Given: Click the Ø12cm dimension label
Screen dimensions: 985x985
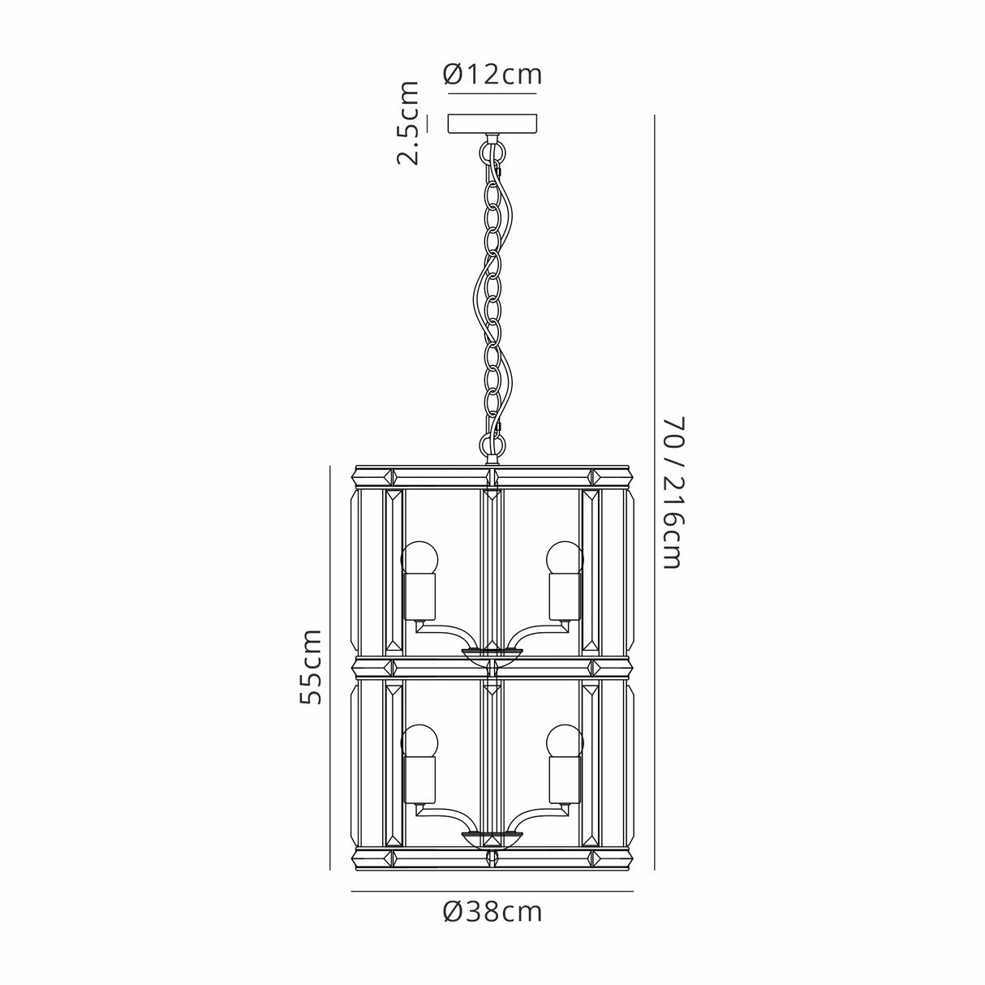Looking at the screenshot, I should coord(492,75).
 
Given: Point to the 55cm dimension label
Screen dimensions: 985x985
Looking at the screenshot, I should coord(310,666).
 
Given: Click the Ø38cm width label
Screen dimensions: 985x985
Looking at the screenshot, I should coord(492,912).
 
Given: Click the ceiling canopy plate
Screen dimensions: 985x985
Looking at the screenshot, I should coord(492,123).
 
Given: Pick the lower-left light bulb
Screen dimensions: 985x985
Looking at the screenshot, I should coord(420,741).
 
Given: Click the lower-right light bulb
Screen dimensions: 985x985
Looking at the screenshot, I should coord(565,741).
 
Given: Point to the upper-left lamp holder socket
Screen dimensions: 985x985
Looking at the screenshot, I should coord(420,597).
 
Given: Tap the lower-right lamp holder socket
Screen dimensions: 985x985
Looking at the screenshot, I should coord(565,780).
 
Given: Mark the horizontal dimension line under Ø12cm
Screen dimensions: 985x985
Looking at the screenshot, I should coord(492,92).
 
